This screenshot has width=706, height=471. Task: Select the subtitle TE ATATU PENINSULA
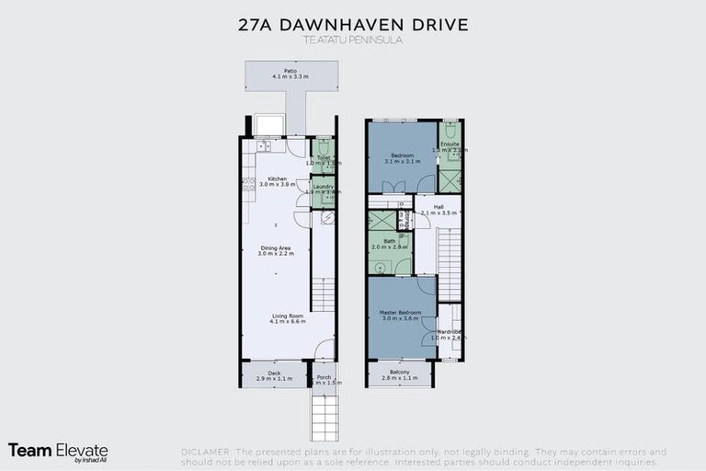pos(353,40)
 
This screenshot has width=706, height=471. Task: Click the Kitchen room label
pos(277,181)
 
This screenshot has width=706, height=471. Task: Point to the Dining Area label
pos(277,250)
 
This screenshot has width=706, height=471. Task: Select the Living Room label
pos(288,318)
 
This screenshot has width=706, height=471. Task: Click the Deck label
pos(273,374)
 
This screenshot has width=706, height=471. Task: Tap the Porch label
pos(323,379)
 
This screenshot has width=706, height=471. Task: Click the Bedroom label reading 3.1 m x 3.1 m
pos(402,158)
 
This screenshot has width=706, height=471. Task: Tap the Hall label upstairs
pos(438,210)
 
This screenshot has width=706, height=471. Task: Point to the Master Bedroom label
pos(400,316)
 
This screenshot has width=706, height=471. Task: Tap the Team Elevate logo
pos(58,451)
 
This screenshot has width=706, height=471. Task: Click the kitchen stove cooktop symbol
pos(247,183)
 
